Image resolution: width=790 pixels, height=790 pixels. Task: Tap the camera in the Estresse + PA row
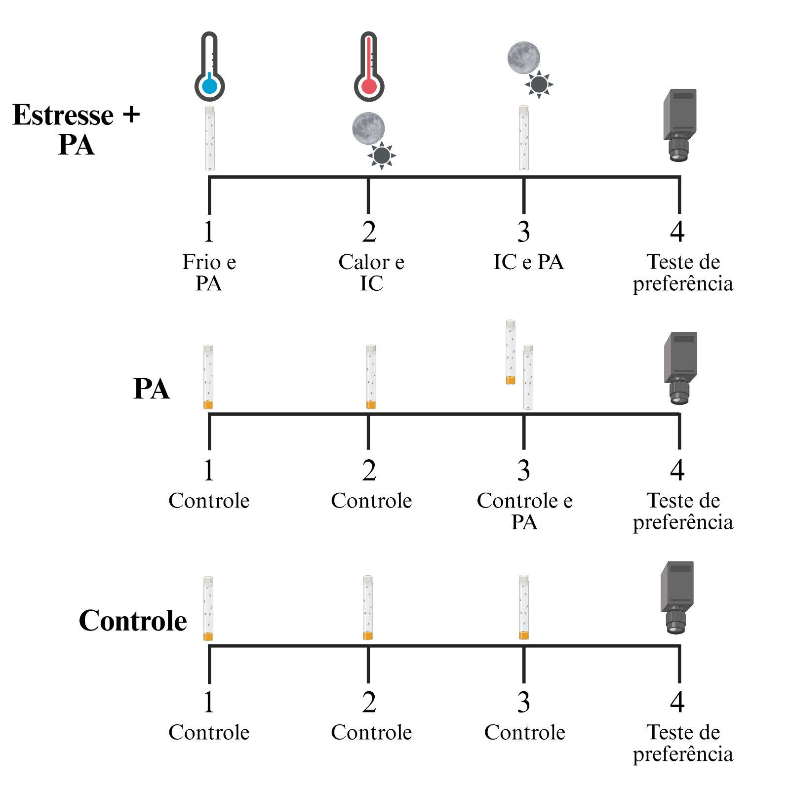tap(680, 125)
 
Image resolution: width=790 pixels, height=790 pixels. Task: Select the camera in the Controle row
tap(677, 597)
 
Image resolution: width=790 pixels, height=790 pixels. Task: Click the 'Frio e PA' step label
tap(209, 272)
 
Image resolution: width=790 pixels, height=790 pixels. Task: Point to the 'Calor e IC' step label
tap(371, 272)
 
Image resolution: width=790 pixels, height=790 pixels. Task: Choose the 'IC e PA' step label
tap(528, 262)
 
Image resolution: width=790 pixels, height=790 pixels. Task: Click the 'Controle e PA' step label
tap(524, 511)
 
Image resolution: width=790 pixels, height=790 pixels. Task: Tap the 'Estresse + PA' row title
tap(76, 129)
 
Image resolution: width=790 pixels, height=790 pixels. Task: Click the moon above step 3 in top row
tap(523, 58)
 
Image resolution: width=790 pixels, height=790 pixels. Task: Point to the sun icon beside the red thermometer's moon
tap(382, 156)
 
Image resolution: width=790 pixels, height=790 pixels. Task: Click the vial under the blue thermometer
tap(210, 138)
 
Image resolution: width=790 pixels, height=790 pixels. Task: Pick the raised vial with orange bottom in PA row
tap(511, 352)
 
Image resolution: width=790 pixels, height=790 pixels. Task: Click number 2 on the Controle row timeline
tap(369, 702)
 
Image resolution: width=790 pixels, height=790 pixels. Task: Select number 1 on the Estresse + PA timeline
tap(209, 232)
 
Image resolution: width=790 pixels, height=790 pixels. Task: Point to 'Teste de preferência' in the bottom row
tap(683, 743)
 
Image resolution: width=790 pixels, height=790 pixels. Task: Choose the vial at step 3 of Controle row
tap(524, 607)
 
